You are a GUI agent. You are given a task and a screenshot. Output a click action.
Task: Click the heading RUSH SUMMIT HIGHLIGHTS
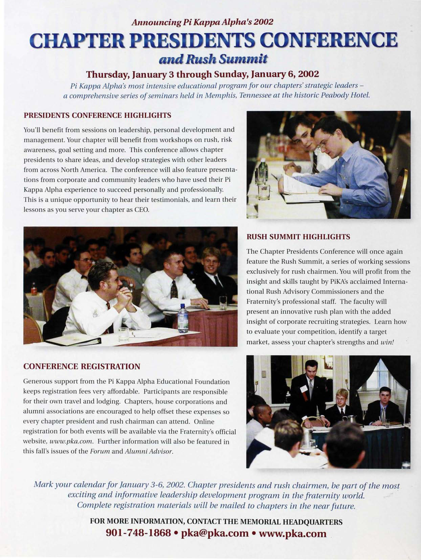coord(298,237)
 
